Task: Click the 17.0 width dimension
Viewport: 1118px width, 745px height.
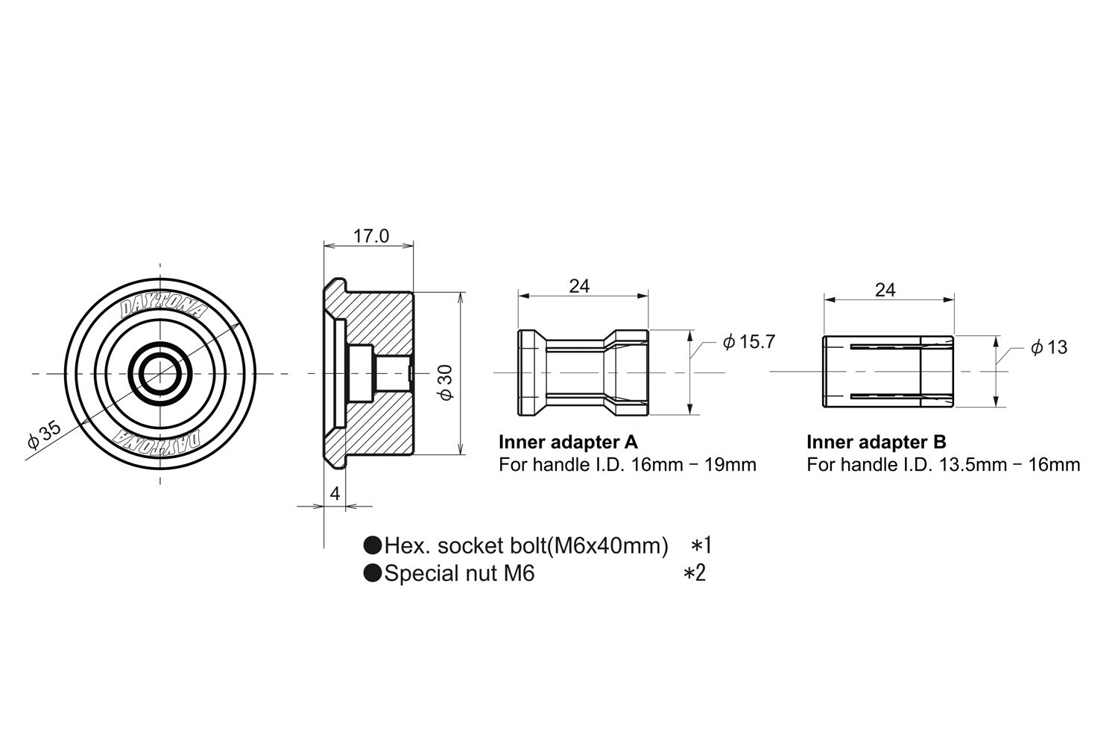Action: [x=371, y=236]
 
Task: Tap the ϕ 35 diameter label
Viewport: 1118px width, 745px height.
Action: [x=45, y=434]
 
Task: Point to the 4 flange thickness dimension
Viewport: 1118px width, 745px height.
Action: [x=335, y=493]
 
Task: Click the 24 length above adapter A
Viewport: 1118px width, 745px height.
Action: [x=579, y=286]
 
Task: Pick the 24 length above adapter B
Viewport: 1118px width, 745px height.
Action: [x=885, y=290]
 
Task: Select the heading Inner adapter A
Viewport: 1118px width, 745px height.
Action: [x=568, y=442]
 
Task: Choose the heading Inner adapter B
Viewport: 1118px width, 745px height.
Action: [x=877, y=442]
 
